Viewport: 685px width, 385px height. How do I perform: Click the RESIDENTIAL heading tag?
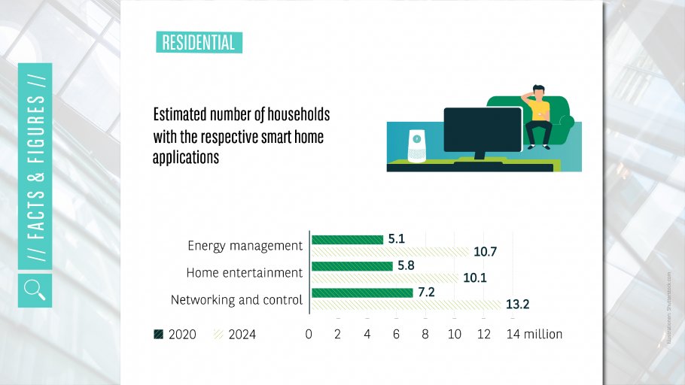[199, 42]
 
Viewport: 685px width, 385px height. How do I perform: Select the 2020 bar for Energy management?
[347, 240]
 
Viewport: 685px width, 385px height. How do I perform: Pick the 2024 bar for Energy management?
[390, 252]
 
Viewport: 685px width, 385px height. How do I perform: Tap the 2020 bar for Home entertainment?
[352, 266]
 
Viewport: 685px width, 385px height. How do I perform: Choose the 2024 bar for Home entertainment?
[385, 278]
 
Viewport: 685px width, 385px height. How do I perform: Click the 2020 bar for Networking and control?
[362, 293]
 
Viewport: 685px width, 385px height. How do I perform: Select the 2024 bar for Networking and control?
[406, 305]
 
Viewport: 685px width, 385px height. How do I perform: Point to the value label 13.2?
[518, 305]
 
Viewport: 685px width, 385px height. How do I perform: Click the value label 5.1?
[397, 239]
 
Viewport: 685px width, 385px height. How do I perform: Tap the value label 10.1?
[475, 278]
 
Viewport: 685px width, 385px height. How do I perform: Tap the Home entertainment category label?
[244, 272]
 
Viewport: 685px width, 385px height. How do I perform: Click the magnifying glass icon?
[35, 289]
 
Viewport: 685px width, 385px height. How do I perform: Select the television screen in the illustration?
[483, 131]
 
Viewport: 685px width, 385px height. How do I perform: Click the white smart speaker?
[416, 146]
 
